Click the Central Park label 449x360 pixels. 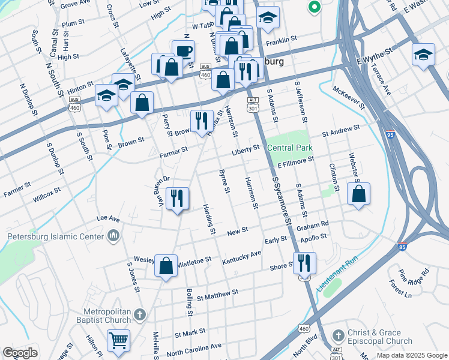pyautogui.click(x=289, y=148)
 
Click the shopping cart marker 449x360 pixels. pyautogui.click(x=118, y=340)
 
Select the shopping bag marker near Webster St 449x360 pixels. pyautogui.click(x=358, y=194)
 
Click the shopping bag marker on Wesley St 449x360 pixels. pyautogui.click(x=166, y=265)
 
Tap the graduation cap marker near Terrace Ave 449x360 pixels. pyautogui.click(x=423, y=55)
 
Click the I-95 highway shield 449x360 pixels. pyautogui.click(x=390, y=136)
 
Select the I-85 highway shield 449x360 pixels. pyautogui.click(x=402, y=246)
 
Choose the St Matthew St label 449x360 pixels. pyautogui.click(x=217, y=294)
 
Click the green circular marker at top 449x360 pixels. pyautogui.click(x=313, y=8)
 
